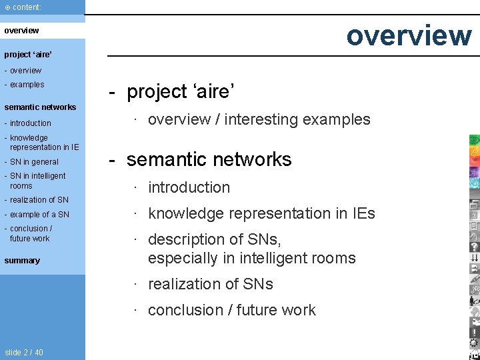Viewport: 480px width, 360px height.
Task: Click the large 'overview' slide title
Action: [408, 35]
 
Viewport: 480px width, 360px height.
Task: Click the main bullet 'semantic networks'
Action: [209, 159]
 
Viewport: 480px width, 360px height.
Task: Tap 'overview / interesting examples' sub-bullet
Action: [259, 119]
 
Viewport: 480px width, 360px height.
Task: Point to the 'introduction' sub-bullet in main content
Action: [189, 188]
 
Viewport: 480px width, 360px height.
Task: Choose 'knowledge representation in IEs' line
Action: [261, 213]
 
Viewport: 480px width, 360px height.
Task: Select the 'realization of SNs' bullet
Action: [210, 284]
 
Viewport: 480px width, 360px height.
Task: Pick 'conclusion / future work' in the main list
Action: [231, 310]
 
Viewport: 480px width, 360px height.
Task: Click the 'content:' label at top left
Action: [27, 7]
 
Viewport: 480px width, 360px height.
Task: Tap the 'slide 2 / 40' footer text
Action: [24, 353]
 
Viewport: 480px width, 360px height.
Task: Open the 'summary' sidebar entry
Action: [22, 261]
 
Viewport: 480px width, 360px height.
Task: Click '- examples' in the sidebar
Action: [27, 85]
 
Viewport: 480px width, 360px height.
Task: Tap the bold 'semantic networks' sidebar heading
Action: [40, 107]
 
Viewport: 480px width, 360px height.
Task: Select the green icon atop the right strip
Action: [474, 140]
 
